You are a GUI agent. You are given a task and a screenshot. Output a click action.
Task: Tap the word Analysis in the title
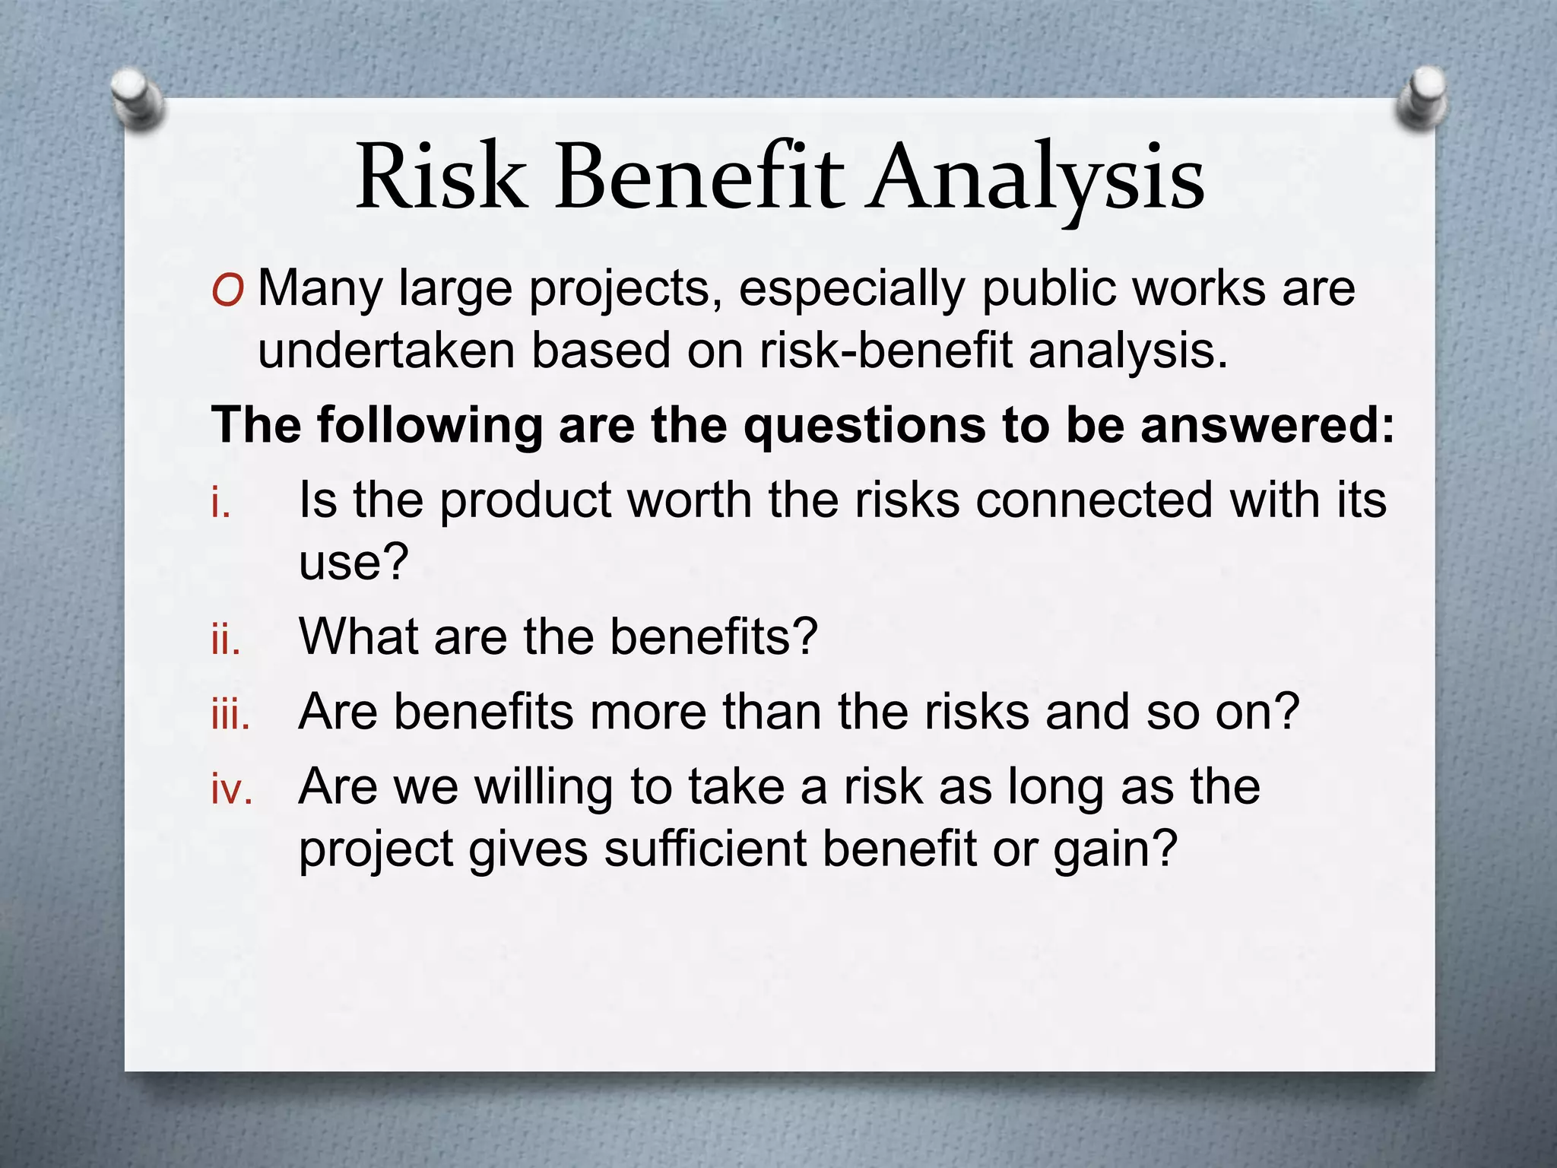1037,179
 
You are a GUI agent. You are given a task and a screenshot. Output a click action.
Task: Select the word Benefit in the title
699,177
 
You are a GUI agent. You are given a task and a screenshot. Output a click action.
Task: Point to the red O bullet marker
228,291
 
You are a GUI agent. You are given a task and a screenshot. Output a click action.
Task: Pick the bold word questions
863,425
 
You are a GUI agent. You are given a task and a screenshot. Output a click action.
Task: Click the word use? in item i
354,563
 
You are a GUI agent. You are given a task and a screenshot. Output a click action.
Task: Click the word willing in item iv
544,789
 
